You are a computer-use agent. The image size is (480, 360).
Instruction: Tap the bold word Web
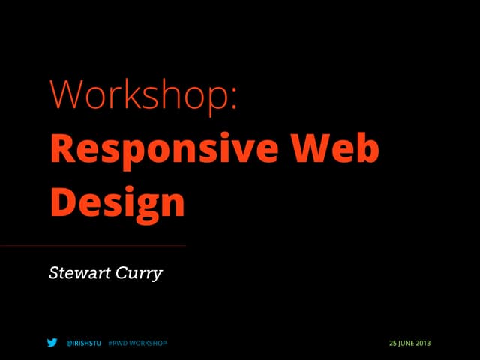click(x=340, y=149)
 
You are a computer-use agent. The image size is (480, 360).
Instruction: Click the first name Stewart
click(x=78, y=273)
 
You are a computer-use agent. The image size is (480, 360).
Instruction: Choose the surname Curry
click(x=138, y=274)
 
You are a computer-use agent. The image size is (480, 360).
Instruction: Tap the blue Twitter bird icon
click(x=52, y=343)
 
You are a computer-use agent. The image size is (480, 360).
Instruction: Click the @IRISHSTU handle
click(x=83, y=343)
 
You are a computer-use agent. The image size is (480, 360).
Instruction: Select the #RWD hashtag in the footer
click(x=118, y=343)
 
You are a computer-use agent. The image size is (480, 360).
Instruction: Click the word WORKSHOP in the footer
click(x=148, y=343)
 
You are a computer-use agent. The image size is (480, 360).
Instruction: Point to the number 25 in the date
click(x=392, y=343)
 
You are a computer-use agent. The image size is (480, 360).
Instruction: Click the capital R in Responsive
click(x=63, y=149)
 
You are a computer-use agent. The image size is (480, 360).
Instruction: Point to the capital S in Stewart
click(x=54, y=273)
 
